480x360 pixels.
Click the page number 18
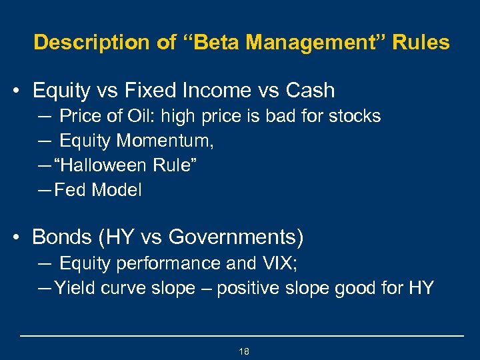(x=243, y=351)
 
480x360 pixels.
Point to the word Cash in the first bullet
(x=310, y=90)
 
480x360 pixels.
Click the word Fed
(x=70, y=190)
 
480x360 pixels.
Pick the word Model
(x=117, y=190)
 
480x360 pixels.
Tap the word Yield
(x=73, y=288)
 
